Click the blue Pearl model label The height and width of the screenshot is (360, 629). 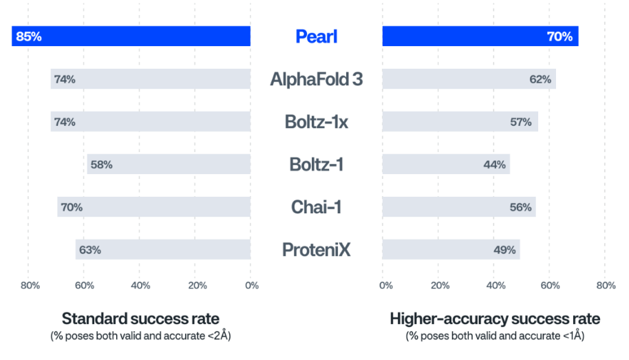coord(316,36)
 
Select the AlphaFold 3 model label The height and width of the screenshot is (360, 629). coord(316,79)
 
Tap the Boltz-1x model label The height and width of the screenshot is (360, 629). coord(316,122)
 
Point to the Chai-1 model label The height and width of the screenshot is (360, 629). coord(316,207)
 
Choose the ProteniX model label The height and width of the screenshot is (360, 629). coord(316,250)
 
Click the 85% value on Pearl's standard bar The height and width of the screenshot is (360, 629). coord(28,36)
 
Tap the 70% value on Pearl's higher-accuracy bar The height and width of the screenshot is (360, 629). coord(559,36)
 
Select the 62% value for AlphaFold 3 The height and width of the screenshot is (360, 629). coord(540,79)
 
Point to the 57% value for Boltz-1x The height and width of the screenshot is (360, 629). coord(521,122)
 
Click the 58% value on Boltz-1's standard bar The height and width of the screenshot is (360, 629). coord(101,165)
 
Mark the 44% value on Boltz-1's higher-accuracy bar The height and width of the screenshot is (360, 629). coord(494,165)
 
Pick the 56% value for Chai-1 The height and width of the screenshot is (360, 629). coord(521,207)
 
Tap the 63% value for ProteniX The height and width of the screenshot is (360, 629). coord(90,250)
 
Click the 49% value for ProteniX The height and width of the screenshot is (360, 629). coord(504,250)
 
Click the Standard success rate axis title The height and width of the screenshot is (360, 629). coord(140,319)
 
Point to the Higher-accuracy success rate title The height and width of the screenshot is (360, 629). coord(495,319)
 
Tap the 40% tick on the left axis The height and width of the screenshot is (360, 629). coord(140,286)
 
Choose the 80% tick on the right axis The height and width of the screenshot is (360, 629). coord(606,286)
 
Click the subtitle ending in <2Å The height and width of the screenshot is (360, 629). coord(140,336)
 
